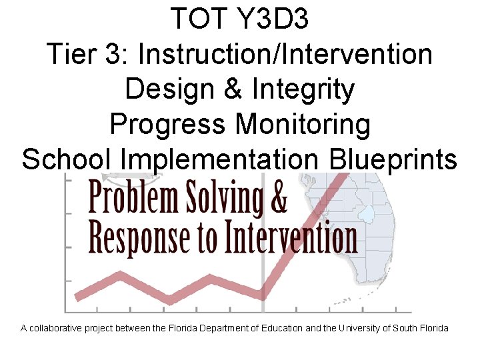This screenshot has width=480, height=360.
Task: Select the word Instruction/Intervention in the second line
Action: pyautogui.click(x=285, y=54)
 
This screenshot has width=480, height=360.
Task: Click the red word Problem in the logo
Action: pyautogui.click(x=132, y=198)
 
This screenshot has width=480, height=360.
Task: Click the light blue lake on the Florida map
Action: pyautogui.click(x=365, y=213)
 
